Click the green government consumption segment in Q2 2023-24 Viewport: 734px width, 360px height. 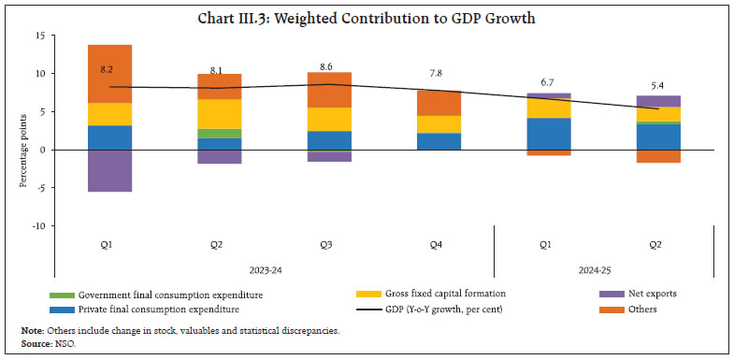(219, 133)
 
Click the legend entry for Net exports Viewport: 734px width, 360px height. (651, 294)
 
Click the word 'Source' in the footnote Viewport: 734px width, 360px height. (34, 345)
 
